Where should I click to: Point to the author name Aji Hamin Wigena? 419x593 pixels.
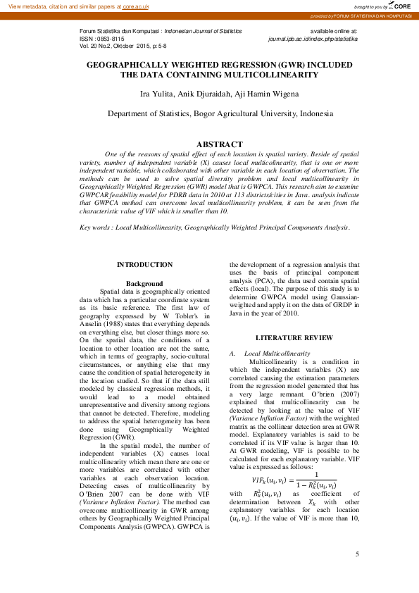(249, 94)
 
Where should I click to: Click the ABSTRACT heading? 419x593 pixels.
(219, 144)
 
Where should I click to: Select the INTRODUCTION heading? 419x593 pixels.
(144, 265)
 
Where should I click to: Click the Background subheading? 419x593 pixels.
(144, 282)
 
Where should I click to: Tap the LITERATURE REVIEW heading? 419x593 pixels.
(294, 338)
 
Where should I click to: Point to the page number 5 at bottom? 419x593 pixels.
(358, 574)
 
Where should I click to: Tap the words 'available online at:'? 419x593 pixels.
(334, 32)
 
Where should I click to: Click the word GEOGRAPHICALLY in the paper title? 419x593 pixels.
(132, 64)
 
